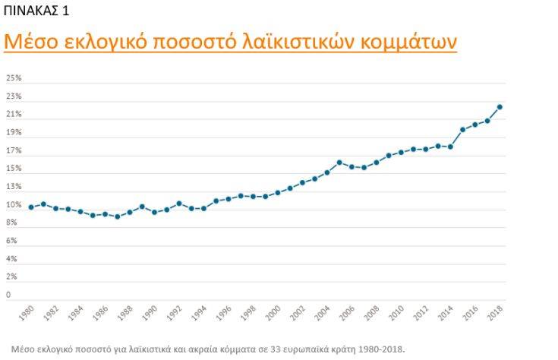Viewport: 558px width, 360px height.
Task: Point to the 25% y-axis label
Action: tap(14, 78)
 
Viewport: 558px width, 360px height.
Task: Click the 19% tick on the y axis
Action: tap(14, 133)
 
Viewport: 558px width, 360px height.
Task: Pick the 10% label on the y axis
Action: tap(14, 205)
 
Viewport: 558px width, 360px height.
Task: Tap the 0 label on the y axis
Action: tap(8, 295)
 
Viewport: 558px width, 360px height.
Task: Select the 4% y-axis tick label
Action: tap(12, 259)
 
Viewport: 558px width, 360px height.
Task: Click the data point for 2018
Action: tap(500, 107)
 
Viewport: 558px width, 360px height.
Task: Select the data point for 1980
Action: tap(31, 207)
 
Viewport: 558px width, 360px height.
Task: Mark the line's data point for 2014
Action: tap(450, 147)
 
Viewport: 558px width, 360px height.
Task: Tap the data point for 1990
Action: tap(154, 212)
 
